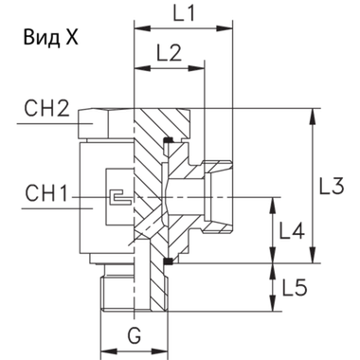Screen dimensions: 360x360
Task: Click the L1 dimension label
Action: pyautogui.click(x=185, y=15)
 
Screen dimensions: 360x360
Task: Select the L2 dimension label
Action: pyautogui.click(x=171, y=54)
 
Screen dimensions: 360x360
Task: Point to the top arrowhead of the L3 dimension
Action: pyautogui.click(x=315, y=115)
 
